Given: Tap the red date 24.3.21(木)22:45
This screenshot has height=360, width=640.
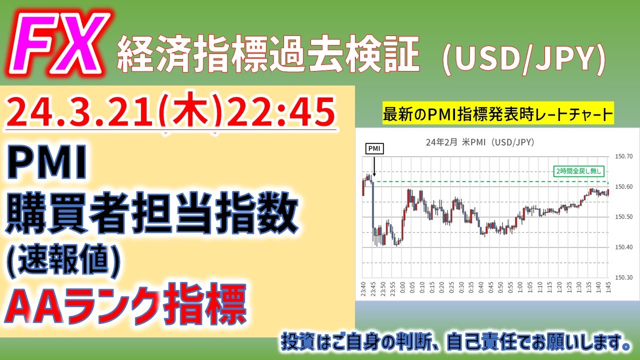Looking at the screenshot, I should [170, 112].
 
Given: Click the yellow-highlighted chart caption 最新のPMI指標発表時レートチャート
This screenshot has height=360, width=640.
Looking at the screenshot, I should [497, 114].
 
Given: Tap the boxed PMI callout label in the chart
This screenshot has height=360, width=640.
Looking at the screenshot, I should [373, 149].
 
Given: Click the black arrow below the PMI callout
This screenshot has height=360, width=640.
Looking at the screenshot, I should [373, 166].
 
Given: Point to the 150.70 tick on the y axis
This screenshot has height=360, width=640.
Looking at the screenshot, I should [622, 156].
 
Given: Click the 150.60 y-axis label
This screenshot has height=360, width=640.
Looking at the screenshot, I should [622, 187].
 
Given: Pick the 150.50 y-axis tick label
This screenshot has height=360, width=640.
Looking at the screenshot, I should [622, 217].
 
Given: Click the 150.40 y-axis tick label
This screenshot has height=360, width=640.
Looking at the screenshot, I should [622, 247].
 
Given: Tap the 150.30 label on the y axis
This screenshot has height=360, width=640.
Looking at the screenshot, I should [622, 277].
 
